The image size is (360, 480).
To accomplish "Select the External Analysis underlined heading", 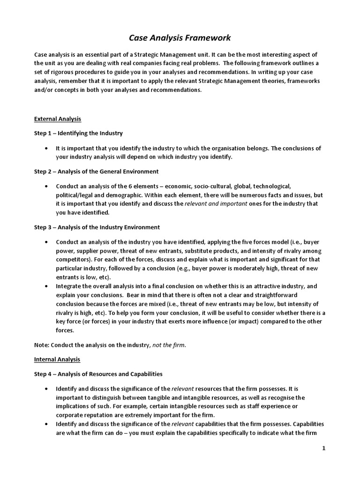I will [58, 119].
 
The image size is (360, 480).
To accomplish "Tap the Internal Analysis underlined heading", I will [57, 360].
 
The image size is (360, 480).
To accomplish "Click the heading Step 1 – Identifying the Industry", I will [78, 134].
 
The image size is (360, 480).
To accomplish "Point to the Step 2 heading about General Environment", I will [96, 172].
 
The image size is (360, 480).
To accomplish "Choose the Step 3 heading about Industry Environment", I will [97, 227].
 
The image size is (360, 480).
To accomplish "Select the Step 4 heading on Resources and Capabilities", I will [98, 374].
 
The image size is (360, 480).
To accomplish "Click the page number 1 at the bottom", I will [323, 449].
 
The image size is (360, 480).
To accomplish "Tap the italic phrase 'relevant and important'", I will [216, 203].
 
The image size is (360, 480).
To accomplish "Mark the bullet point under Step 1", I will [45, 148].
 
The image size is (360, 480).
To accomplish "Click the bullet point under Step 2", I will [45, 186].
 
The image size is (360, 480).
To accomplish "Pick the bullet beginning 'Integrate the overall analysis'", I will [45, 286].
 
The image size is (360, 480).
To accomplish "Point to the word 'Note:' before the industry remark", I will [42, 345].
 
